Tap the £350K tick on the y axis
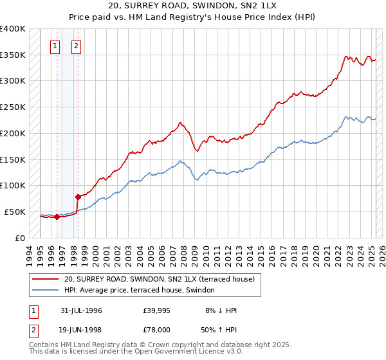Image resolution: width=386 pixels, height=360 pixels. (13, 55)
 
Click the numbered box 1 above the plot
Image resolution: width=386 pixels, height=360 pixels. (55, 46)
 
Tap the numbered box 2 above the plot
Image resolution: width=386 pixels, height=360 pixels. (76, 46)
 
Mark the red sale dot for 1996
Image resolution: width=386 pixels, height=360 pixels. (57, 217)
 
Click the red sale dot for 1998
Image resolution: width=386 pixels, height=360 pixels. (77, 197)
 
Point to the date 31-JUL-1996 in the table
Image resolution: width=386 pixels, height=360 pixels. (81, 310)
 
